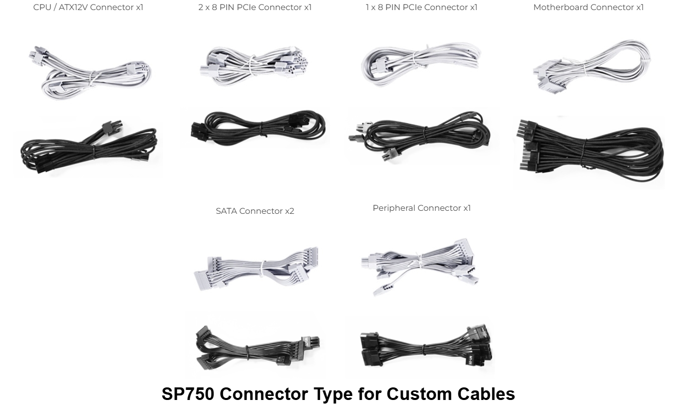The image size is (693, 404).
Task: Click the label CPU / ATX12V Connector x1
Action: click(x=88, y=7)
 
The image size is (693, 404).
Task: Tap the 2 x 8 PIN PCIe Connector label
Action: click(x=255, y=7)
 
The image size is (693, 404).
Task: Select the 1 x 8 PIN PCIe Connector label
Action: click(x=421, y=7)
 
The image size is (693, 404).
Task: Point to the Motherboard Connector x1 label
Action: click(x=588, y=7)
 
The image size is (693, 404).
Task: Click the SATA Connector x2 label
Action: click(x=255, y=211)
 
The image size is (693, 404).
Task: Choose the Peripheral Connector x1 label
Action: click(x=422, y=208)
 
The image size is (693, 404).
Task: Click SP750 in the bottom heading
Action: click(x=188, y=394)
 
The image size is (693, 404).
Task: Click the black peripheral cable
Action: click(x=425, y=348)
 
